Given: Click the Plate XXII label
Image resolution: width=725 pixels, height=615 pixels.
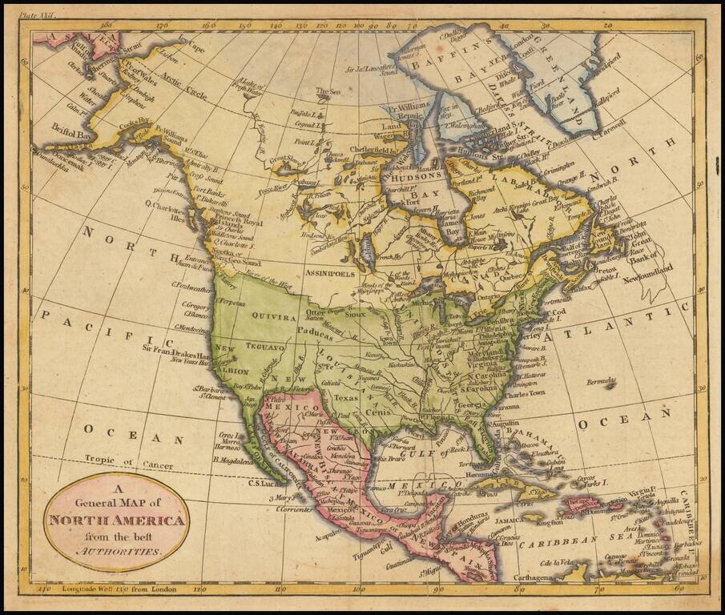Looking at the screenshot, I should pos(38,14).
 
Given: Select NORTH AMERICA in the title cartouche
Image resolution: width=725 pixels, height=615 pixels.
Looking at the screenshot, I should pos(117,521).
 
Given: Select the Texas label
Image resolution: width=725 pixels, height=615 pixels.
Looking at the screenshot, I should pos(345,396).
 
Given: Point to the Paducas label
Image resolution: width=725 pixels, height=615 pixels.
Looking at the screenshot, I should pos(317,330).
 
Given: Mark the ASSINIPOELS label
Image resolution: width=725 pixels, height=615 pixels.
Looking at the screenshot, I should pos(329,274).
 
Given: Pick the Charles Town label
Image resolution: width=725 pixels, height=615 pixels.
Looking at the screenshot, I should pos(525,393).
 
